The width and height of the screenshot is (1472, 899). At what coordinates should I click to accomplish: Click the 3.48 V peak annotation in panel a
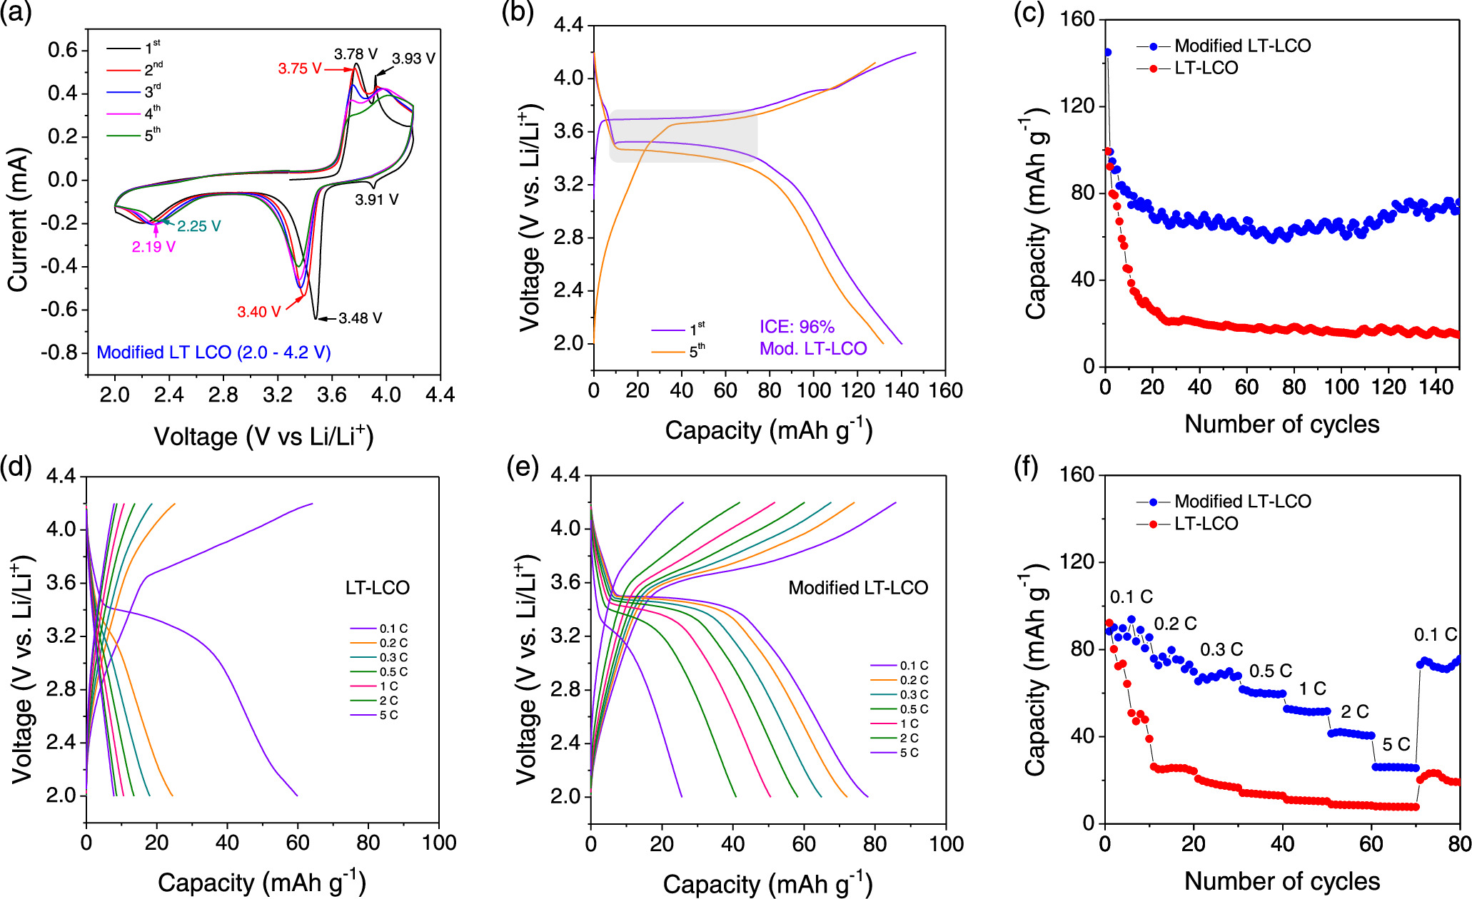tap(360, 318)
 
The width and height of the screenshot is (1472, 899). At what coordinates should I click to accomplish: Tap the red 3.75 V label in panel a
tap(299, 68)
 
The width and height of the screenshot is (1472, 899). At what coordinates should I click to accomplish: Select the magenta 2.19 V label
tap(153, 247)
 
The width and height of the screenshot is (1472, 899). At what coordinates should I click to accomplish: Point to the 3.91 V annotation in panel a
tap(376, 200)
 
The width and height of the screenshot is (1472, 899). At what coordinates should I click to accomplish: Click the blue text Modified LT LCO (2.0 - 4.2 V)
tap(213, 352)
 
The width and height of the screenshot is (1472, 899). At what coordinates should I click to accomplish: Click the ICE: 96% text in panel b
tap(797, 327)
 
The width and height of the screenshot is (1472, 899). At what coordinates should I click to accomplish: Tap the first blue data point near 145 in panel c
tap(1107, 52)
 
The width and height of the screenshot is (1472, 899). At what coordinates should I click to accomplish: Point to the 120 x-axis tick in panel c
tap(1388, 387)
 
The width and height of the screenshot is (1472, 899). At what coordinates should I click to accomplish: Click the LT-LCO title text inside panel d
tap(377, 588)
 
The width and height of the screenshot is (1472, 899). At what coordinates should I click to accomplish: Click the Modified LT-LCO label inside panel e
tap(857, 588)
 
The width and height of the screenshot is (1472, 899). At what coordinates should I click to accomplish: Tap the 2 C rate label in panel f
tap(1354, 711)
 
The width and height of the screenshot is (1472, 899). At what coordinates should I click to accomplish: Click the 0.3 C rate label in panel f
tap(1221, 650)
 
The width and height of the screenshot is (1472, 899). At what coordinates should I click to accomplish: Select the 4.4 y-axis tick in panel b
tap(568, 26)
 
